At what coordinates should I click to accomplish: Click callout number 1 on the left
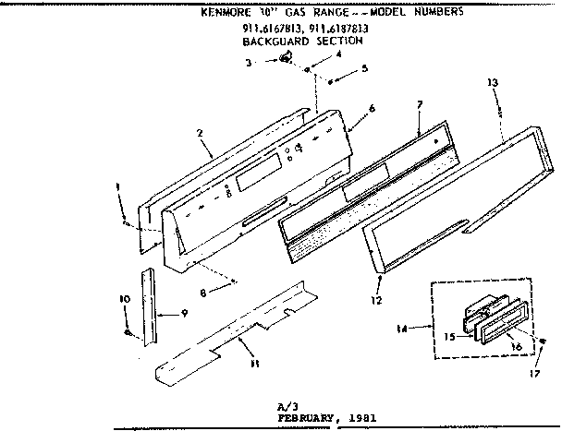(x=118, y=187)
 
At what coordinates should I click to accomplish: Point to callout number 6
(x=371, y=108)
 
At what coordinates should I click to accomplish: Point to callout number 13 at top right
(x=493, y=82)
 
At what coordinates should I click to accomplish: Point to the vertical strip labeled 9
(x=148, y=305)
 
